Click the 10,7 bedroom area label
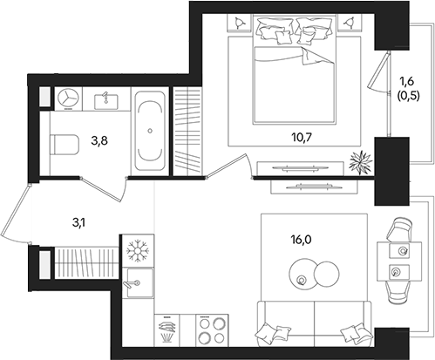(302, 138)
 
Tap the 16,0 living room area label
(301, 240)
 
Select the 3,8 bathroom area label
(99, 141)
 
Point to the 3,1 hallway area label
(79, 223)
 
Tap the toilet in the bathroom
(65, 145)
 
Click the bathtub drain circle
(150, 131)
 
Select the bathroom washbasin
(106, 101)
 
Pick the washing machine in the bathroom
(68, 98)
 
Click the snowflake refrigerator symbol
(138, 250)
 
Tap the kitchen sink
(138, 282)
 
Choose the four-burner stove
(212, 331)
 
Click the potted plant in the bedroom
(360, 163)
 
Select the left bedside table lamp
(239, 23)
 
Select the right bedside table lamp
(349, 23)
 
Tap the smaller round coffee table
(327, 274)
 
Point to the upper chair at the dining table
(399, 229)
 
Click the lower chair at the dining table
(398, 293)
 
